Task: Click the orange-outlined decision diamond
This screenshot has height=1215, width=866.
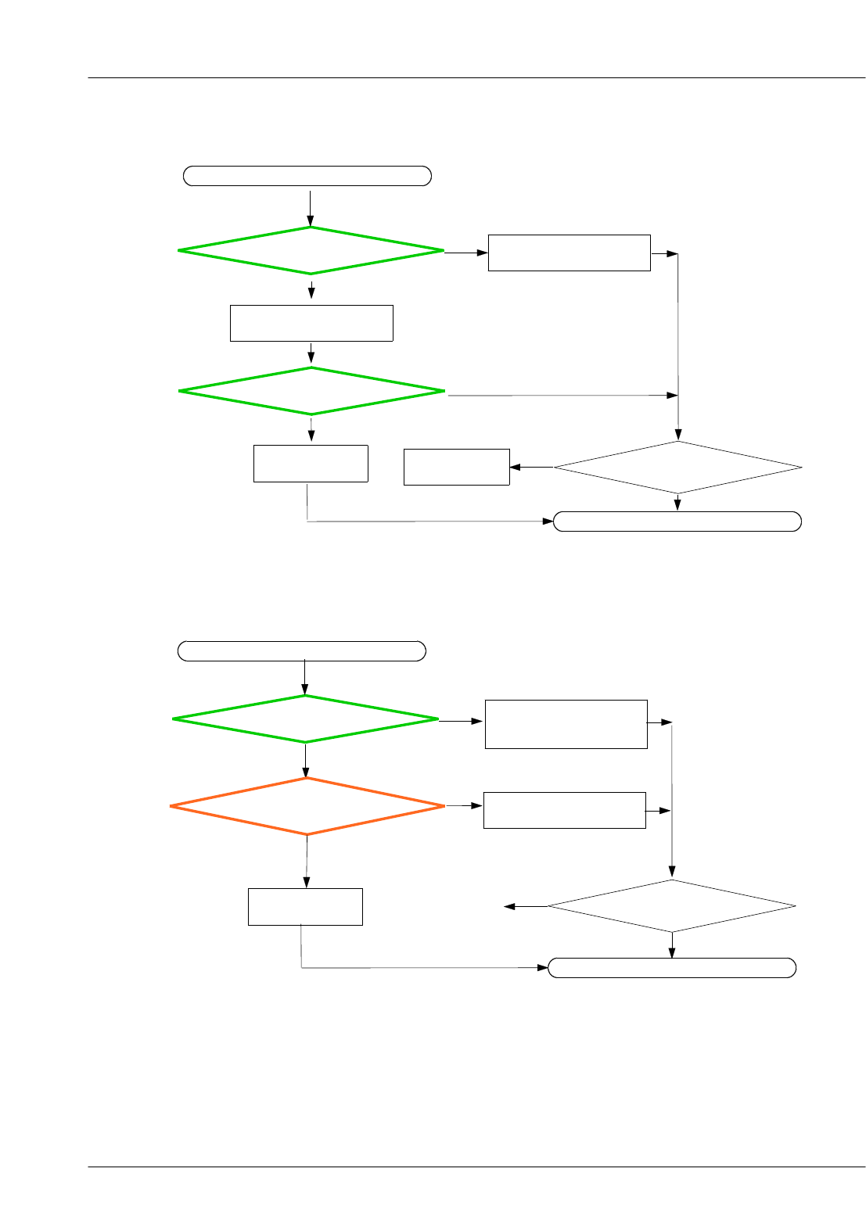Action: (307, 806)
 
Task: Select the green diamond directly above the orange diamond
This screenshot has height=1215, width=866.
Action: (305, 719)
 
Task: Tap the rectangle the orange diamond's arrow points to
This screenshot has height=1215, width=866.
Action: (565, 810)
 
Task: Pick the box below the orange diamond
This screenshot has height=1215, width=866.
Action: (305, 907)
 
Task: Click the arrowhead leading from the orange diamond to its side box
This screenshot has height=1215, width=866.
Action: (477, 805)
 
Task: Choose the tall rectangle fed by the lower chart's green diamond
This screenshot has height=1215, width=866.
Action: (566, 724)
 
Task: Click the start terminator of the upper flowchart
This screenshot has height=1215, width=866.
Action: (307, 176)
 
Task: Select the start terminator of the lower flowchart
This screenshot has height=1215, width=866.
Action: (302, 651)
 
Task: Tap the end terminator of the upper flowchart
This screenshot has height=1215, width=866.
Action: (677, 521)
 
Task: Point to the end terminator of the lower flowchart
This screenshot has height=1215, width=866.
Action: (672, 968)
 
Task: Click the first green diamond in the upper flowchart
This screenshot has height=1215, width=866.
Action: (311, 250)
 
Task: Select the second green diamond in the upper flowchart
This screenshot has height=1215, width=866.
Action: (311, 391)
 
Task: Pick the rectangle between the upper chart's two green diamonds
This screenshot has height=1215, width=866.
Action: (311, 323)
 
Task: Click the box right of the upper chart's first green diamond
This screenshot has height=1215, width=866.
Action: (570, 253)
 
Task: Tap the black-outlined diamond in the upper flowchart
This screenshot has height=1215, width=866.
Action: (678, 468)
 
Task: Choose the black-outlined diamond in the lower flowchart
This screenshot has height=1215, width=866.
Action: (672, 906)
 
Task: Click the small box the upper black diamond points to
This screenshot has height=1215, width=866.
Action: (457, 467)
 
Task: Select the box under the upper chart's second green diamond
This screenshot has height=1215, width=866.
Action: (311, 464)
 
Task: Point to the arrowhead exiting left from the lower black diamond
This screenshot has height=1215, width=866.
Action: (509, 907)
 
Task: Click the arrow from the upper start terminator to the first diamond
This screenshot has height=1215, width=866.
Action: (311, 207)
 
